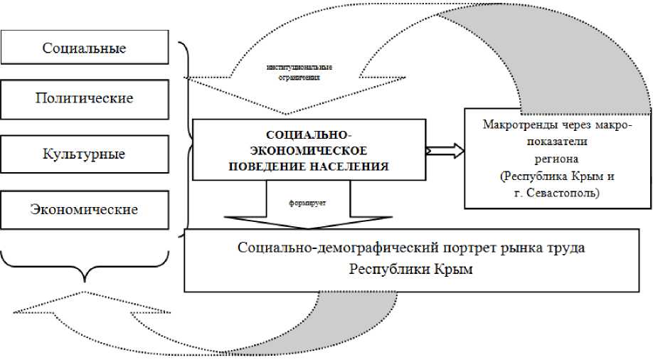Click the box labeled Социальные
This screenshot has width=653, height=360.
tap(84, 48)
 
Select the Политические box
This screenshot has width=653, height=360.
tap(84, 99)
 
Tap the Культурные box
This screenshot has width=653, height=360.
tap(84, 154)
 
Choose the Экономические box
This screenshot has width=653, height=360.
tap(84, 209)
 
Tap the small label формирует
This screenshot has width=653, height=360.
tap(307, 202)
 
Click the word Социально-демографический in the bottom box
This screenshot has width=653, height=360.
tap(339, 250)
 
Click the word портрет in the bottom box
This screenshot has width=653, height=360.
tap(472, 250)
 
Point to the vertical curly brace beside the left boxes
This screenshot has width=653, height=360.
tap(186, 135)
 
